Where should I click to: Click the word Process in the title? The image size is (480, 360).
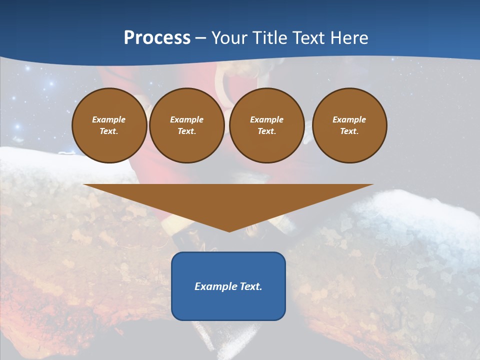157,38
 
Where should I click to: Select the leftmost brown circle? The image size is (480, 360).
109,125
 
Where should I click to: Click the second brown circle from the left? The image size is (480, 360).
187,125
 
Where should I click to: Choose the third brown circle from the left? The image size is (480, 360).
267,125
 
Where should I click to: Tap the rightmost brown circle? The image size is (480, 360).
349,125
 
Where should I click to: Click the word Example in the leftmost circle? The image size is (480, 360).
109,119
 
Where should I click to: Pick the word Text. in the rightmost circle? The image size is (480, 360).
349,131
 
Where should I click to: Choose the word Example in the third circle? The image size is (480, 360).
267,119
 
